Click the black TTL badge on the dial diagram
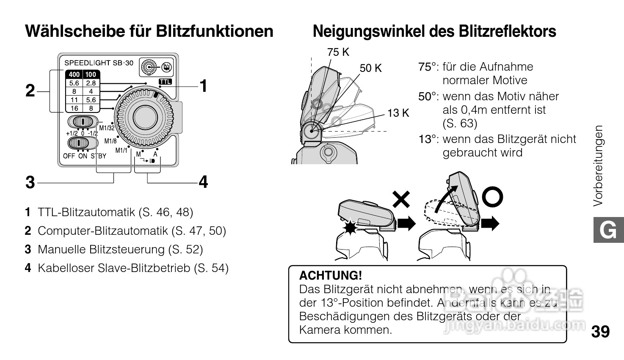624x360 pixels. (x=165, y=82)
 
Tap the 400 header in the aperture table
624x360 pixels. (x=74, y=74)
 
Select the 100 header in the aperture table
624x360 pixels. (x=91, y=74)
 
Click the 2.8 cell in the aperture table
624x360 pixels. (x=91, y=83)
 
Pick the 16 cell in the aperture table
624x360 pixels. (x=74, y=108)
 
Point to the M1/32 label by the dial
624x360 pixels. (x=107, y=128)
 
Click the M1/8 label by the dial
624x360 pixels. (x=110, y=141)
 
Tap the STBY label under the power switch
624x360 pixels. (x=99, y=156)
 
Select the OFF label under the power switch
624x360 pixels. (x=69, y=156)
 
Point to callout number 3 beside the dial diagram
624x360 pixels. (x=30, y=182)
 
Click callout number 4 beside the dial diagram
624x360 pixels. (x=203, y=182)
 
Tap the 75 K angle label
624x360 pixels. (x=338, y=52)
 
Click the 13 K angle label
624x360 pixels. (x=398, y=113)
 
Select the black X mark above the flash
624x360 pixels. (x=401, y=199)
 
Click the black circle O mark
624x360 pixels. (x=492, y=197)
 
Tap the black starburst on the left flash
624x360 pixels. (x=350, y=227)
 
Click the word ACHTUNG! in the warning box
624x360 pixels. (x=330, y=275)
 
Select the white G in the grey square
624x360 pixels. (x=608, y=230)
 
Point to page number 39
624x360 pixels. (x=600, y=332)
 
